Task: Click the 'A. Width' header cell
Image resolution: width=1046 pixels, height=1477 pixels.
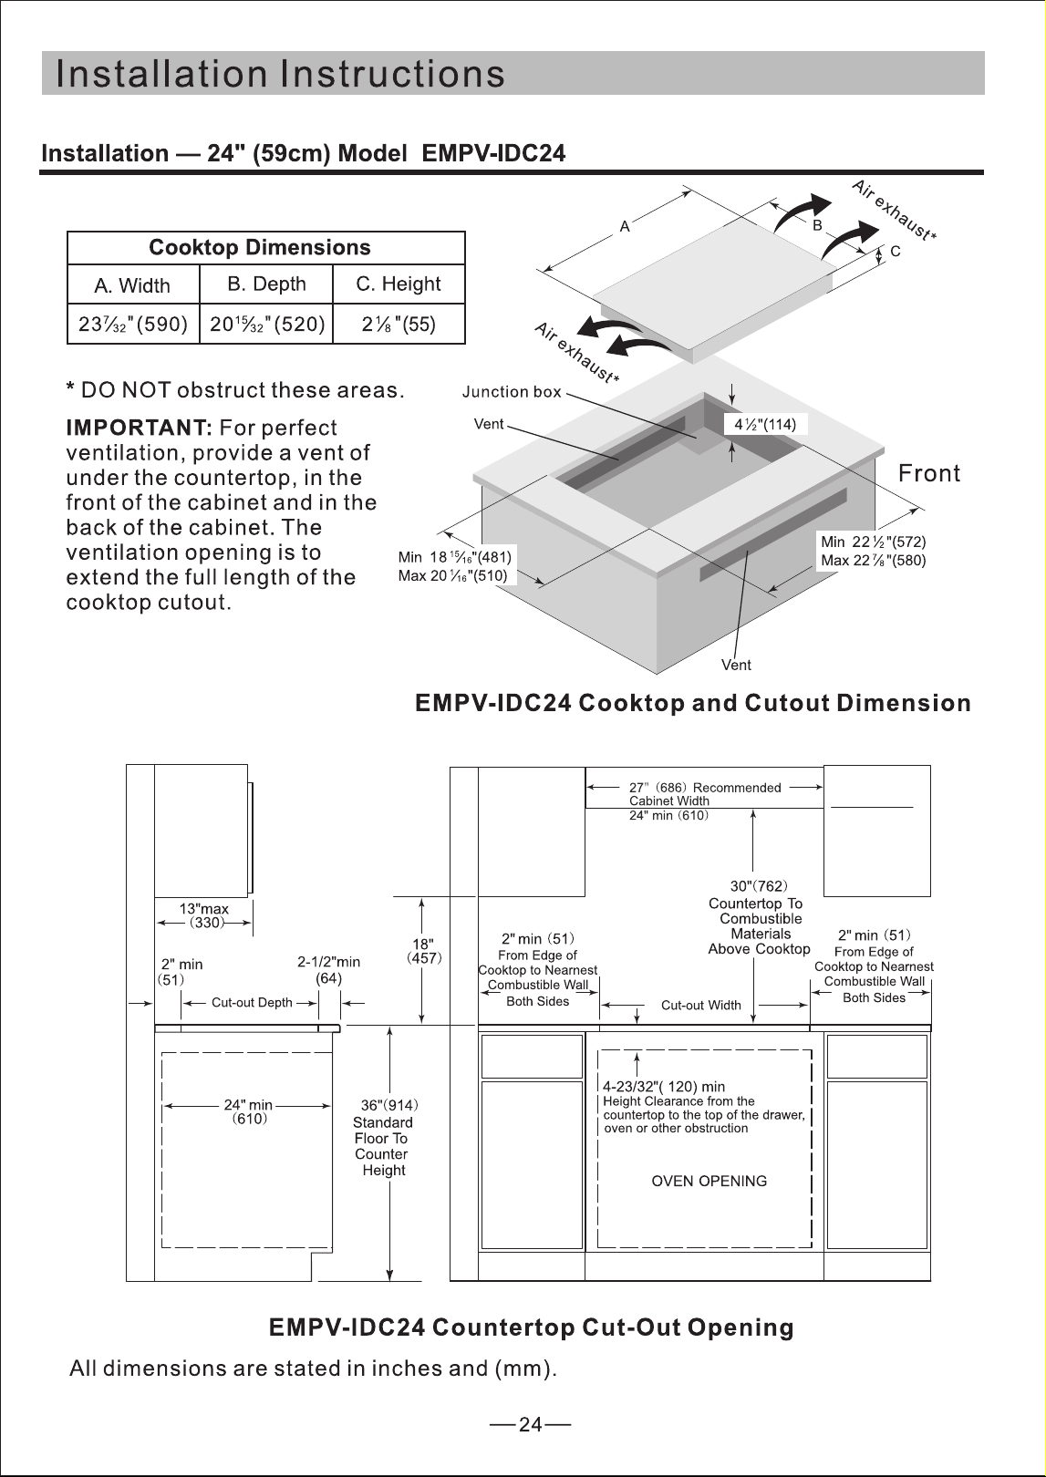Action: [132, 285]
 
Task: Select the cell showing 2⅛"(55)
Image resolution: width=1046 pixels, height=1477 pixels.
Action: [399, 325]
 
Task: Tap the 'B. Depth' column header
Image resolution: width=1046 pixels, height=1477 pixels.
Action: [266, 284]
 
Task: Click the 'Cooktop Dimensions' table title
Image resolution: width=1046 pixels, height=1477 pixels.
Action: [260, 247]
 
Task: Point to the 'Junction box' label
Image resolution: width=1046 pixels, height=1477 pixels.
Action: [512, 392]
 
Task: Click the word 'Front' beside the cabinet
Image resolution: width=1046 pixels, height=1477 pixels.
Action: [929, 473]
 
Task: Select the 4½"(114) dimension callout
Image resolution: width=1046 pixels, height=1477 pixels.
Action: [765, 425]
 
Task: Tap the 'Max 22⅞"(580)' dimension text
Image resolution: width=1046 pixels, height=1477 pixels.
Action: [874, 561]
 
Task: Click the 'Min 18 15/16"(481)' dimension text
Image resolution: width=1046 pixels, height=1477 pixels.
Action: [454, 557]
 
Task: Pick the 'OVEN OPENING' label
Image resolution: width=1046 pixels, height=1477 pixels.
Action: [709, 1181]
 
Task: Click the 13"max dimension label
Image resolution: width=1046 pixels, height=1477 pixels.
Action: [204, 909]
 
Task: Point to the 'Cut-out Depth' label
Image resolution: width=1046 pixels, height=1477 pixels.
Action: [252, 1002]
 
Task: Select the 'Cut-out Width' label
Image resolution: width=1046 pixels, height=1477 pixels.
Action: [701, 1005]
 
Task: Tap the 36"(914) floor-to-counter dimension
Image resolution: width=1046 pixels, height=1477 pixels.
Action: [389, 1105]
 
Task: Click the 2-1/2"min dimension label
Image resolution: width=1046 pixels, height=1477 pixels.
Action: [329, 962]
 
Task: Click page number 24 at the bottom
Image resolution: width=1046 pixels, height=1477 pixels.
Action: [530, 1424]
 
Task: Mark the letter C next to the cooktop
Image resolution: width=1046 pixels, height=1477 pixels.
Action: [895, 252]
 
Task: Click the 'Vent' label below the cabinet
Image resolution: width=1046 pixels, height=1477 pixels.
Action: [736, 666]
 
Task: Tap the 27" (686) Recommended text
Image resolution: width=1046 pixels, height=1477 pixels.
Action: [705, 788]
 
